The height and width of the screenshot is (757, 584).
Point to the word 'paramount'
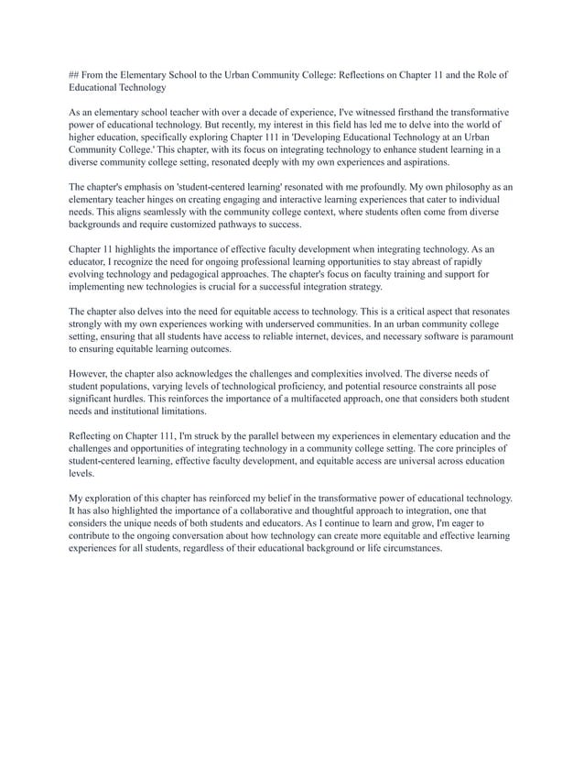click(x=484, y=337)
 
